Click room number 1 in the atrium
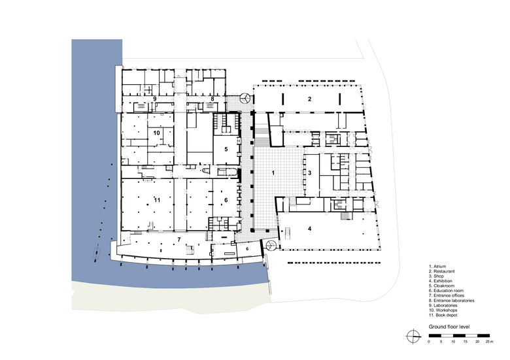click(273, 173)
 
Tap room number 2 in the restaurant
click(310, 99)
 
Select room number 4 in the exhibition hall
click(310, 229)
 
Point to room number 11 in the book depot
click(157, 200)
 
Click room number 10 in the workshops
click(156, 133)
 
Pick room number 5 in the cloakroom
click(226, 150)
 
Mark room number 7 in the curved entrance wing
click(179, 240)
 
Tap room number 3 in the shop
click(310, 173)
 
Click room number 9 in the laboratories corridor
click(155, 99)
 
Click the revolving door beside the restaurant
click(245, 98)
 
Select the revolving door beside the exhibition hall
click(271, 245)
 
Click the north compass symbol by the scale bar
click(413, 336)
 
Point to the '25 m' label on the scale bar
click(490, 342)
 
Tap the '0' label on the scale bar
click(429, 342)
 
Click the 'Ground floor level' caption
click(449, 327)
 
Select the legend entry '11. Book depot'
click(443, 315)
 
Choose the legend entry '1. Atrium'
click(437, 267)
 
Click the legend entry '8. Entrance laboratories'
click(451, 301)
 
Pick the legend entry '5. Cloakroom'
click(442, 286)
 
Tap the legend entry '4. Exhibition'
click(441, 281)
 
